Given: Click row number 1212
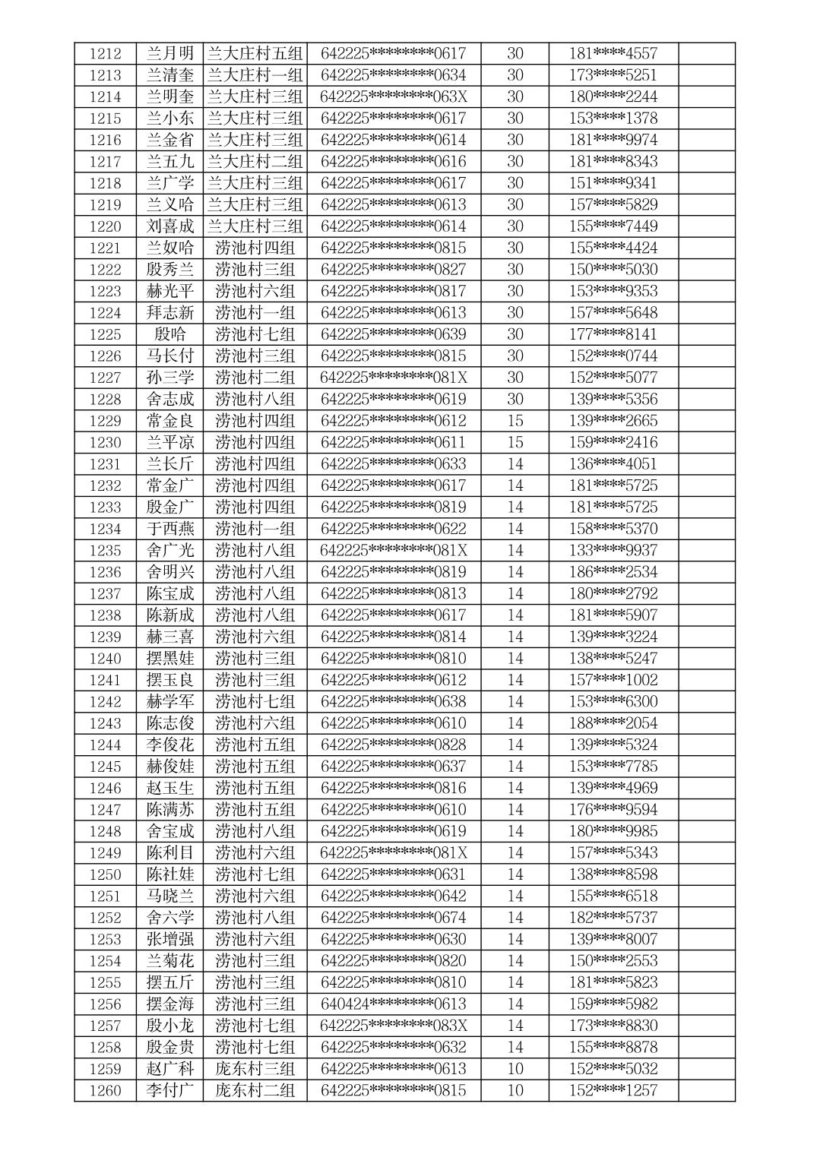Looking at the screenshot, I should click(105, 53).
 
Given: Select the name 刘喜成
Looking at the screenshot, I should click(170, 226).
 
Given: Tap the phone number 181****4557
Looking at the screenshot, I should click(613, 53).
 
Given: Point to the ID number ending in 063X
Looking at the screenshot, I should click(394, 96).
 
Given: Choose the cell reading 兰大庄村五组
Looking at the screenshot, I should click(255, 53).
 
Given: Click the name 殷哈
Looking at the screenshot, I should click(170, 334).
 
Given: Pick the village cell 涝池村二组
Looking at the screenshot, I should click(255, 378).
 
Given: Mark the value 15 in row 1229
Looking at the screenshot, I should click(515, 421).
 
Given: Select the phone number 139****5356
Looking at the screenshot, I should click(613, 399).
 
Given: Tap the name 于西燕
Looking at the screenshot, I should click(170, 529).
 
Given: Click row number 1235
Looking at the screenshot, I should click(105, 550).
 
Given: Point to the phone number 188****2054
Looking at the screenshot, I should click(613, 723).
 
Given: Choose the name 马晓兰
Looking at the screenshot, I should click(170, 896).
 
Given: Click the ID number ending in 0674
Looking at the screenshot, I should click(394, 918).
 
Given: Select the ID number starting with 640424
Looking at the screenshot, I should click(394, 1004).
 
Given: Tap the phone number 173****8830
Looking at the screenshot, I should click(613, 1026).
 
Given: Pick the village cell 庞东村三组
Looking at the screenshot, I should click(255, 1069).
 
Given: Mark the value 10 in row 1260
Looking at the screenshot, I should click(515, 1090).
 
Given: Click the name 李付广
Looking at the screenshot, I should click(170, 1090).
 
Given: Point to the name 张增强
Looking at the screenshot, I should click(170, 939).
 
